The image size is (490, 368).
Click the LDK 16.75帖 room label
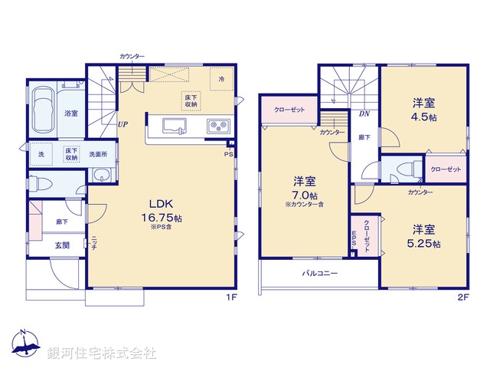(x=158, y=211)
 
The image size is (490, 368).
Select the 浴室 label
(x=70, y=113)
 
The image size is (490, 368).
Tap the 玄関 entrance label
(x=61, y=245)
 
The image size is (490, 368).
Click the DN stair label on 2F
(x=364, y=113)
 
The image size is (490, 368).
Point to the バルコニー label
(x=319, y=273)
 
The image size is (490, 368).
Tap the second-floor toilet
(x=406, y=169)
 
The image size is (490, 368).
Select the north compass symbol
(x=24, y=344)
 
